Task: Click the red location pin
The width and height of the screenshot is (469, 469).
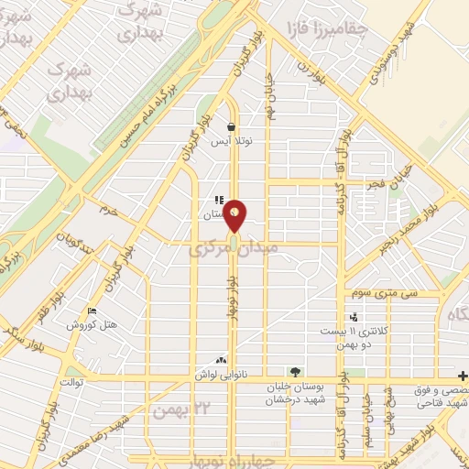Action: point(235,215)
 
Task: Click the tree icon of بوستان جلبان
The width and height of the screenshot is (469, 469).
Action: point(294,372)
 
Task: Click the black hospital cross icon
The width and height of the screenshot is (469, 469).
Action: point(464,376)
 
